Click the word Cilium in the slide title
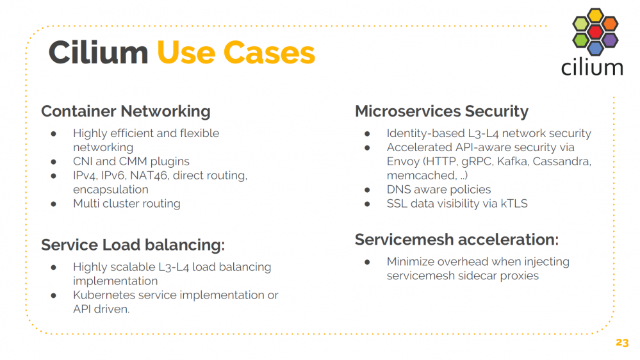click(98, 53)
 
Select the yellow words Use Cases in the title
click(236, 53)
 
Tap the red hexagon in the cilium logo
click(595, 31)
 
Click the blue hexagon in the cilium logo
click(595, 48)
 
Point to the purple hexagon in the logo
click(610, 40)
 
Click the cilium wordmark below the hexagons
click(592, 68)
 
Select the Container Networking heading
click(126, 111)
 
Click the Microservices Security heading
click(441, 111)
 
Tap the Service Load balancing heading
click(133, 245)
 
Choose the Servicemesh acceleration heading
click(457, 240)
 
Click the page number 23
click(622, 343)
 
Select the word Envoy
click(403, 162)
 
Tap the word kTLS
click(514, 203)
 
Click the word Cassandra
click(562, 161)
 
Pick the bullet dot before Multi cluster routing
click(53, 204)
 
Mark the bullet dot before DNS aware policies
click(367, 190)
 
